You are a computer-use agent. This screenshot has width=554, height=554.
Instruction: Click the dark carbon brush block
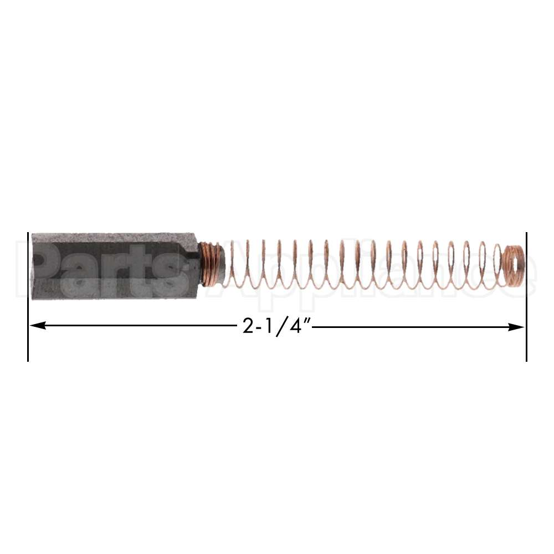[x=111, y=266]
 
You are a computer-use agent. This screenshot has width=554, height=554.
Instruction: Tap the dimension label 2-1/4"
[x=275, y=326]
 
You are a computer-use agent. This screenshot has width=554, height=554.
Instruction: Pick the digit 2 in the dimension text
[x=248, y=327]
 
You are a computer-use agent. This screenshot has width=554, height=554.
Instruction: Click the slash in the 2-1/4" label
[x=280, y=327]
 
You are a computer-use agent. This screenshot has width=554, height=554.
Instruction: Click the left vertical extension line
[x=28, y=343]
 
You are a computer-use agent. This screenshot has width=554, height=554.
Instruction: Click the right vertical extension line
[x=526, y=343]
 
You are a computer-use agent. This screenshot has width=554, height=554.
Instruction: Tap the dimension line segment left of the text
[x=138, y=327]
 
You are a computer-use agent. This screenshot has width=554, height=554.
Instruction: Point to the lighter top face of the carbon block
[x=111, y=237]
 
